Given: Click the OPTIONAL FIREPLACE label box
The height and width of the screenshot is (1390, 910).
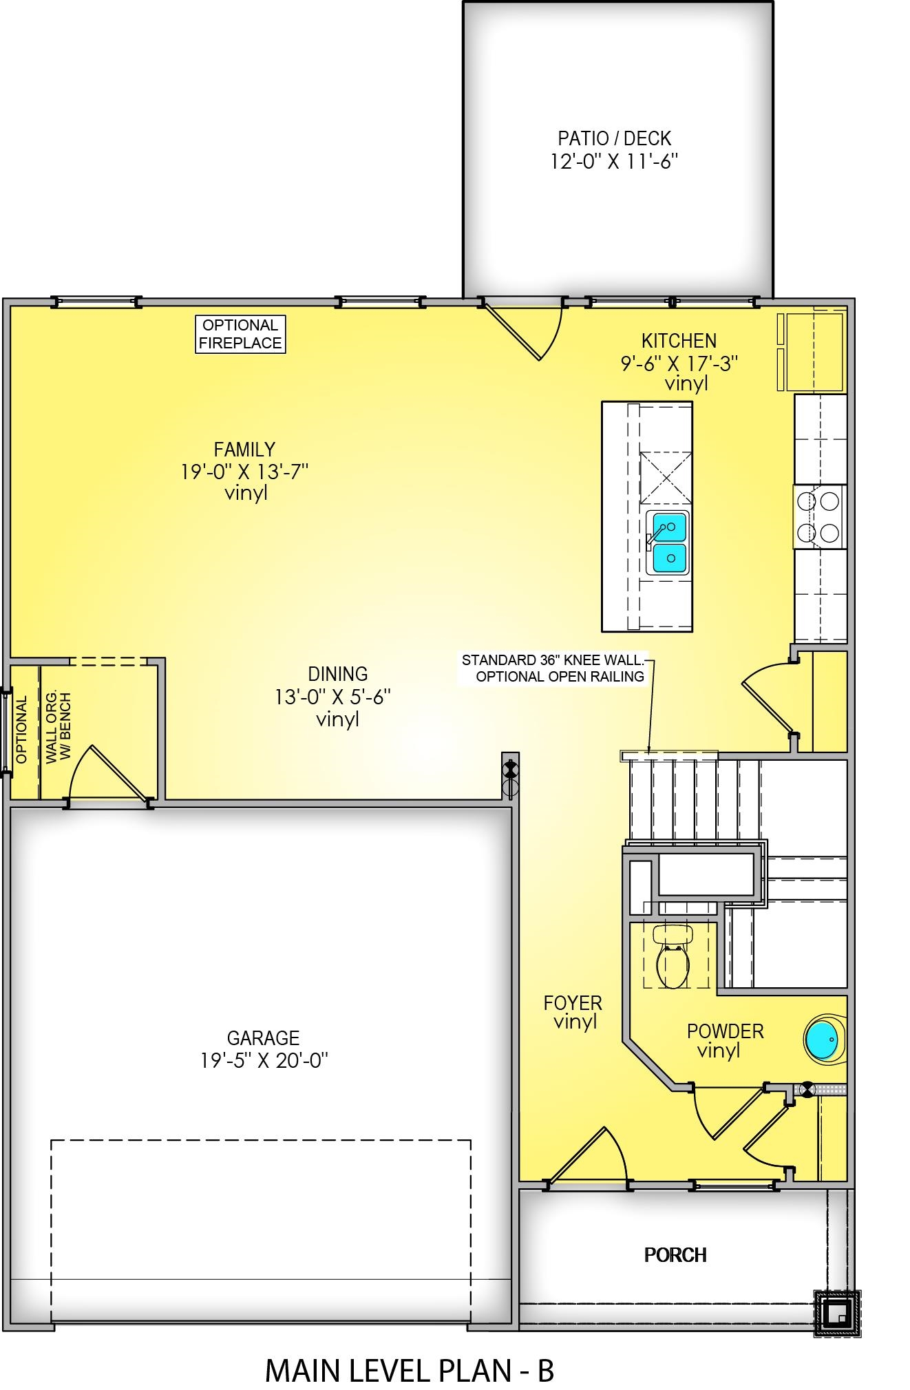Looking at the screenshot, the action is (240, 334).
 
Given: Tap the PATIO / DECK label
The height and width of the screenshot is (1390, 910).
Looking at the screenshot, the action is (614, 138).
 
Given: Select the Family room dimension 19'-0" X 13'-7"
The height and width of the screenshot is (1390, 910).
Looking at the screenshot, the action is (244, 472).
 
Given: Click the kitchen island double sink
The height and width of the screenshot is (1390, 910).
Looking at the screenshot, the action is (667, 543).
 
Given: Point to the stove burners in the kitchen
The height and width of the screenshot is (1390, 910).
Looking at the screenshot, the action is (821, 516).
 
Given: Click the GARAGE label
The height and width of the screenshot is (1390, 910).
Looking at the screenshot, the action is (263, 1038).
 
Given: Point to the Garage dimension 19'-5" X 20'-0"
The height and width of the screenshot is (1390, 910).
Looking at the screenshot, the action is (264, 1060).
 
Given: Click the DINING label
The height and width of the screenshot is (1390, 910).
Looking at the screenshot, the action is (337, 674).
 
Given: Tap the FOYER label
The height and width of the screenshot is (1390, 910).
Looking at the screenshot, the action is (573, 1002).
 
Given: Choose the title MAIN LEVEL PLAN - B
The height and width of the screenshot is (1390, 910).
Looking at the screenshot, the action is (410, 1351).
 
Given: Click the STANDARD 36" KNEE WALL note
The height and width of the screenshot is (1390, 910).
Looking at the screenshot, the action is (553, 660).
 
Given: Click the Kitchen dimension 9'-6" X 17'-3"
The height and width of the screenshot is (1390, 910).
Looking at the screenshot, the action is (679, 363).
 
